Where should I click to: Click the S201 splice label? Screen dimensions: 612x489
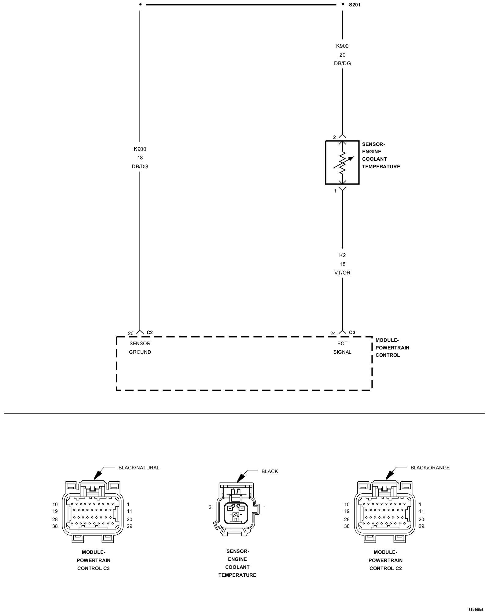[355, 5]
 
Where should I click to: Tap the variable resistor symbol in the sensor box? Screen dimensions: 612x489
[342, 162]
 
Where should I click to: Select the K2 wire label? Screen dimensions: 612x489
[342, 255]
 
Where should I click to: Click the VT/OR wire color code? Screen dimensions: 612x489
[342, 273]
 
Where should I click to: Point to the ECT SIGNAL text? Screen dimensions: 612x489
[342, 348]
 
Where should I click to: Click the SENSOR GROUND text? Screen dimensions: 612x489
[140, 348]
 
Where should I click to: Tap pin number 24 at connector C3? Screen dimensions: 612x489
[333, 334]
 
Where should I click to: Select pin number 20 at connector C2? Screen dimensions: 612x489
[131, 334]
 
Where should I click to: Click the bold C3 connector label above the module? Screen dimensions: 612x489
[352, 332]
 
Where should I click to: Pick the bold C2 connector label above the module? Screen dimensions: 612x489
[150, 332]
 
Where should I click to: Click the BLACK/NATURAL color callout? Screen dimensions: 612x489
[139, 468]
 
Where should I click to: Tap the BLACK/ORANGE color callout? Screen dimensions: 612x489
[430, 468]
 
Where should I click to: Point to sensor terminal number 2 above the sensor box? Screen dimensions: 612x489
[334, 137]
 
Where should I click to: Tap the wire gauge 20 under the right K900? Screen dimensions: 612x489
[342, 55]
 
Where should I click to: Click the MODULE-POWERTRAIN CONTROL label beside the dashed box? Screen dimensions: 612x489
[392, 348]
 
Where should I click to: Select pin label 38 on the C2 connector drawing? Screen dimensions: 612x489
[347, 526]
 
